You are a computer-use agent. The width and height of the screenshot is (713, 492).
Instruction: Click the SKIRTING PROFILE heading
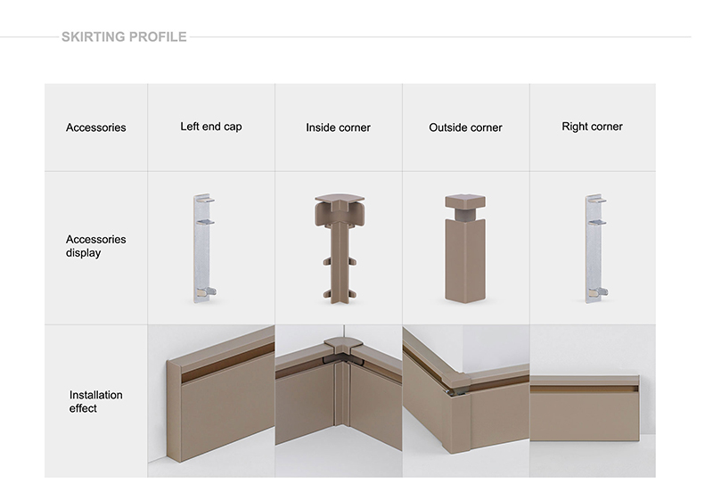[x=124, y=37]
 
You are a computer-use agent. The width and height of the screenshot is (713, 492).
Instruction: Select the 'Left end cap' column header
[x=211, y=127]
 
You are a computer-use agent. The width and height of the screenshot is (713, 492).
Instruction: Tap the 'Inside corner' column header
[x=339, y=127]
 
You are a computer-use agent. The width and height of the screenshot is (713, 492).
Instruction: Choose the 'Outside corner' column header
[x=465, y=127]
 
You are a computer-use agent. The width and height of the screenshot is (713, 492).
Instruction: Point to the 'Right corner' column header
[x=592, y=127]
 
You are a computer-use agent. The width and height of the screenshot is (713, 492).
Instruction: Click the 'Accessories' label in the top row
[x=96, y=127]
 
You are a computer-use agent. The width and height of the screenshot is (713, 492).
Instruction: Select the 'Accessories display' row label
[x=96, y=246]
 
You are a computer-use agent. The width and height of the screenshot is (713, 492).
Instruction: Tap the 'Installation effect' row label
[x=96, y=401]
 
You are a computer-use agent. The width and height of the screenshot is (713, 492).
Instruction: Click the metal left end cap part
[x=203, y=249]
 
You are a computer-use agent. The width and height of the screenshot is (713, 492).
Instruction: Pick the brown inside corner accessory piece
[x=340, y=250]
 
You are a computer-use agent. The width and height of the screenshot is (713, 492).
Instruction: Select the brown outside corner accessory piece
[x=465, y=249]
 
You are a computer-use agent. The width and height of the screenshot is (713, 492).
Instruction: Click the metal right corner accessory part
[x=595, y=249]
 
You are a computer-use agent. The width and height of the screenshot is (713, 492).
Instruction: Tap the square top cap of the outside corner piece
[x=465, y=201]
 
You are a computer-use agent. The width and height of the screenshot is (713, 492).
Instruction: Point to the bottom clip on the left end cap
[x=206, y=292]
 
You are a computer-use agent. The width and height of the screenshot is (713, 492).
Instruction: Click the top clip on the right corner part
[x=597, y=200]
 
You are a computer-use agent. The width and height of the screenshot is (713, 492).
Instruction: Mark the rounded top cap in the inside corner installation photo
[x=342, y=344]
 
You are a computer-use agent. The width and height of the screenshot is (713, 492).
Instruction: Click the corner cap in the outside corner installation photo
[x=455, y=380]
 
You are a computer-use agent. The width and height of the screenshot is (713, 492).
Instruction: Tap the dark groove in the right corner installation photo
[x=585, y=389]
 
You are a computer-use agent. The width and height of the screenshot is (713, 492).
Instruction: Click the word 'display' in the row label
[x=83, y=253]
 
